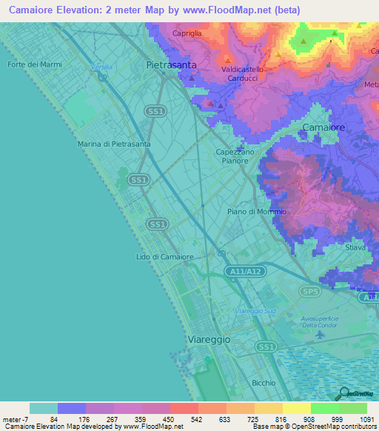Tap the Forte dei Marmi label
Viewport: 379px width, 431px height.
[x=34, y=64]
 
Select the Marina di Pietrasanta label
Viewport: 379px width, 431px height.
[x=114, y=144]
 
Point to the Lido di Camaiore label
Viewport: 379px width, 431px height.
[x=165, y=257]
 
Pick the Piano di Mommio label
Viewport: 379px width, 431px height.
[x=256, y=212]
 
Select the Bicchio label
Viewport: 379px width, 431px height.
[x=263, y=383]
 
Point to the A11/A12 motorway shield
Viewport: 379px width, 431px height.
[x=245, y=273]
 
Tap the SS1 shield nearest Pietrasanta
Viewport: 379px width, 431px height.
[x=155, y=111]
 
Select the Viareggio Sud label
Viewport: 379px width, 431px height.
[x=255, y=311]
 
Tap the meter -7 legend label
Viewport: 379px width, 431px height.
[x=15, y=419]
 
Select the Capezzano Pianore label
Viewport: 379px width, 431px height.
[x=235, y=156]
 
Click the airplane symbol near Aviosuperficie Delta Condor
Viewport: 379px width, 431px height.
[x=320, y=334]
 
